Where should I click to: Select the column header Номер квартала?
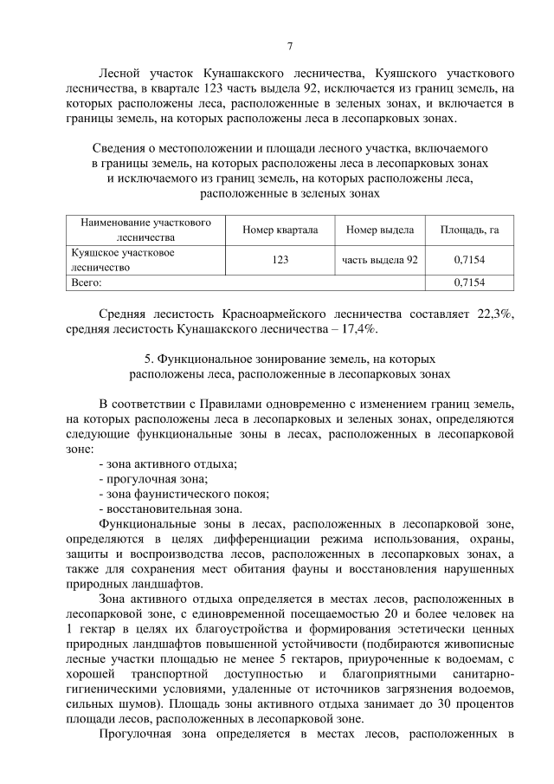coord(281,230)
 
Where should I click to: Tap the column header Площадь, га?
coord(469,230)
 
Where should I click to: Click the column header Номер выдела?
coord(380,230)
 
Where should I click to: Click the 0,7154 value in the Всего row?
coord(469,282)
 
